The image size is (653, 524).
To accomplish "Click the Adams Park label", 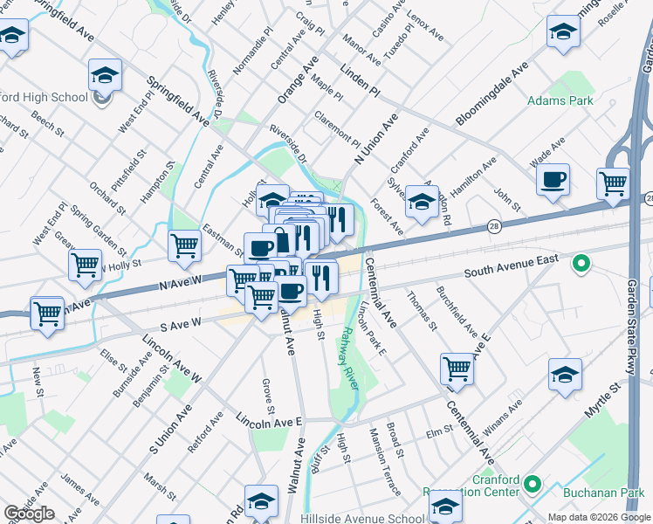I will [x=560, y=101].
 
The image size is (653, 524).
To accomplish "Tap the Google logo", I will [x=29, y=514].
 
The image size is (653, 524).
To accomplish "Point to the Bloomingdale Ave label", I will [x=491, y=95].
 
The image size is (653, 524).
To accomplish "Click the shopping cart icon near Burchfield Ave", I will [x=457, y=369].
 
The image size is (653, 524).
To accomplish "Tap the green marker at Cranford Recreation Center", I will [x=533, y=484].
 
